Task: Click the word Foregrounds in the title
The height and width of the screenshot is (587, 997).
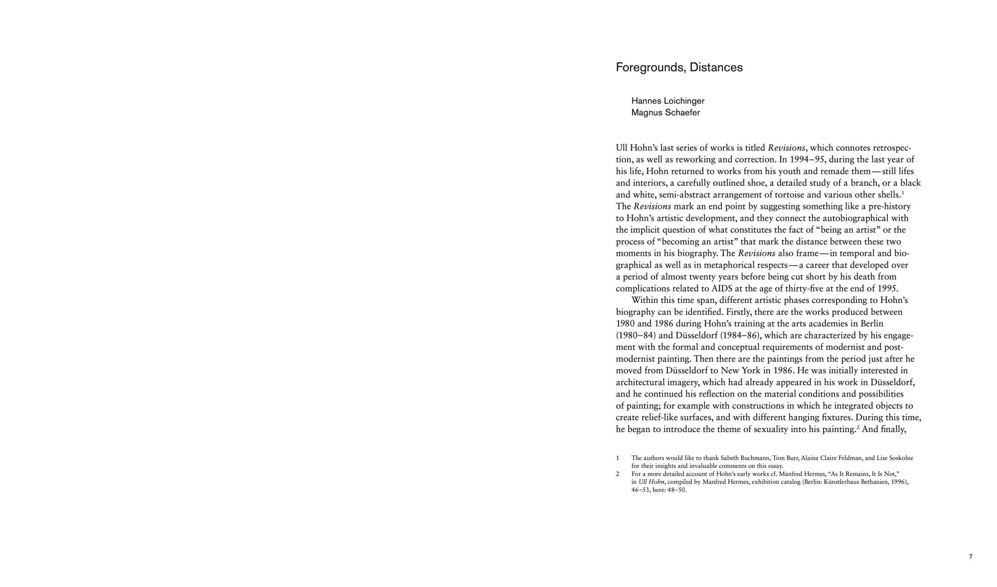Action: click(646, 68)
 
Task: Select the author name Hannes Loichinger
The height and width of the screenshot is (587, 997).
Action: click(667, 101)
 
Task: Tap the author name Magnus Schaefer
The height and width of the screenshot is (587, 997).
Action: click(665, 113)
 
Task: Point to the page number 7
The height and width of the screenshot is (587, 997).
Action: click(971, 557)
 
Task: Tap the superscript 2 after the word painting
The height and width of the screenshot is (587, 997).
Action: click(857, 427)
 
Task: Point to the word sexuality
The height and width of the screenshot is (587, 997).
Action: click(765, 429)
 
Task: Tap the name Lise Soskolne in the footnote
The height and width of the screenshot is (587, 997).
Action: click(895, 458)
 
